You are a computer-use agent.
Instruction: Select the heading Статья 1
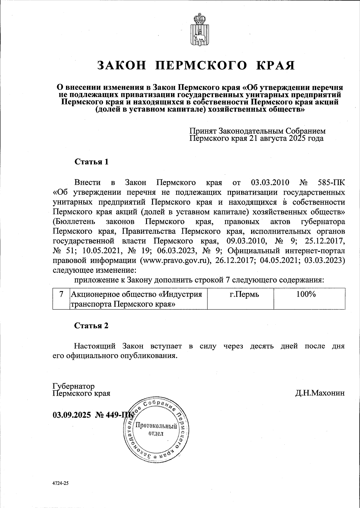(91, 162)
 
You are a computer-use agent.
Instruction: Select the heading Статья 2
(91, 326)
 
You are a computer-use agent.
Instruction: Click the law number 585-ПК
(331, 182)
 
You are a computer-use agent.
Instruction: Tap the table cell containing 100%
(306, 294)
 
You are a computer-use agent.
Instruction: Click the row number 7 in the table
(61, 294)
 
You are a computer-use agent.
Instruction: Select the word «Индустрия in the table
(180, 294)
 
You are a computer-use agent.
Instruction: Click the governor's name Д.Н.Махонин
(320, 393)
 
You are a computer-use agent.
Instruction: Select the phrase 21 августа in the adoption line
(267, 139)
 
